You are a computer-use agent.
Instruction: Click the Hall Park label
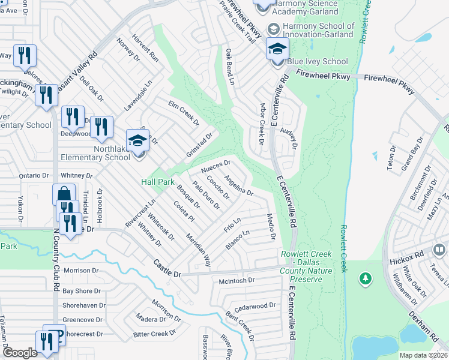(157, 181)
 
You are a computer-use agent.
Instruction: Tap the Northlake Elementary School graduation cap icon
(138, 142)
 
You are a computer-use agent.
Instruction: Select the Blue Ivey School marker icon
(277, 49)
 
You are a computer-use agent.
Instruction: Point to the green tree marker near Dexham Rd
(365, 278)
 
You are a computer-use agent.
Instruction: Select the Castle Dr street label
(167, 264)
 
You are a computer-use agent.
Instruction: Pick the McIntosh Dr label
(237, 280)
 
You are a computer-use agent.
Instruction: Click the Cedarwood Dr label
(255, 305)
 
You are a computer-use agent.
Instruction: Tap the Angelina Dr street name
(238, 185)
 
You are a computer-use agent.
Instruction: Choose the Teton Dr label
(391, 157)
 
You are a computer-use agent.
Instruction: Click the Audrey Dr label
(293, 139)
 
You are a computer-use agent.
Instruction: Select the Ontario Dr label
(32, 175)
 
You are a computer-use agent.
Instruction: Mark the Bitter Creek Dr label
(155, 333)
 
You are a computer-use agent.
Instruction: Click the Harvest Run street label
(145, 49)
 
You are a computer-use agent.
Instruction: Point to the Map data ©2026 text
(423, 355)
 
